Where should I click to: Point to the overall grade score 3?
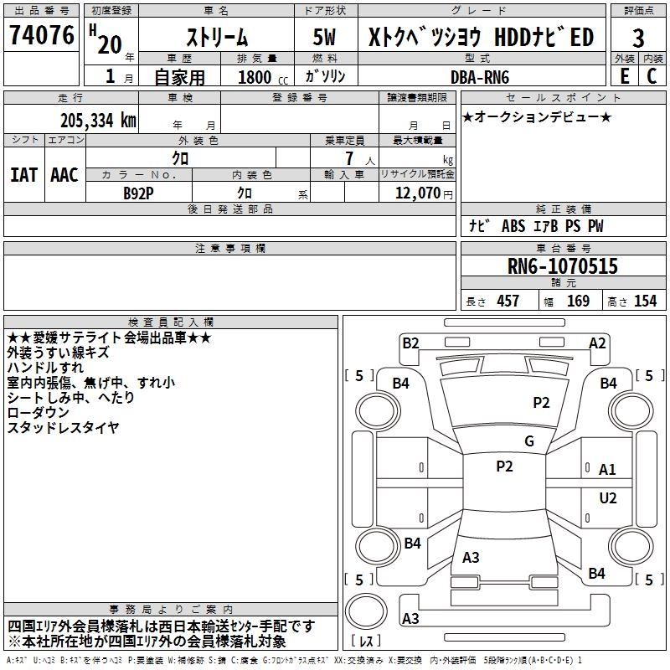point(638,38)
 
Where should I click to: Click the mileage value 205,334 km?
point(98,121)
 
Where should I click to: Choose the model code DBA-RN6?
point(478,76)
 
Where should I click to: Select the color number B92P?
point(139,193)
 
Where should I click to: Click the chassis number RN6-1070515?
point(563,266)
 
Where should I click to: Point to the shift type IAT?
point(23,174)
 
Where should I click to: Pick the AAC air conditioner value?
point(64,174)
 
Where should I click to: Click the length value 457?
point(508,301)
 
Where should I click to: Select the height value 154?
point(645,301)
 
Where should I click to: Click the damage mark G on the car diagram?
point(529,441)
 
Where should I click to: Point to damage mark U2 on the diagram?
point(608,498)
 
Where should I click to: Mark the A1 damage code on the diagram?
point(608,470)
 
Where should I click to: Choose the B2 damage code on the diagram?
point(410,343)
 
